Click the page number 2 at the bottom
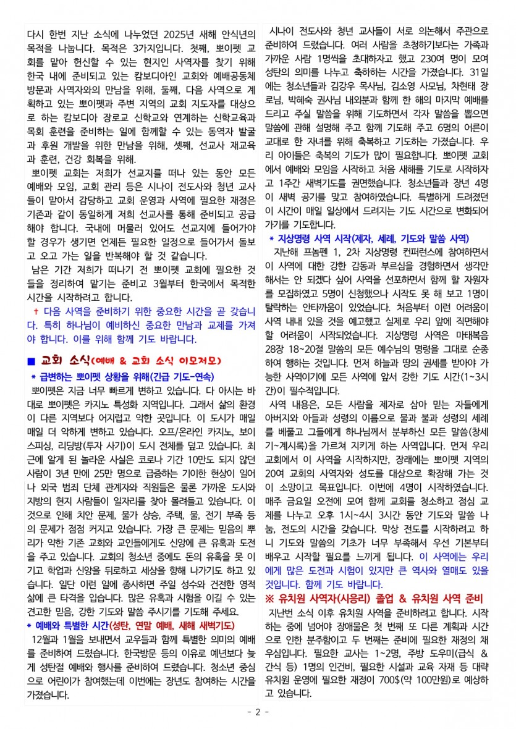[x=258, y=712]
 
